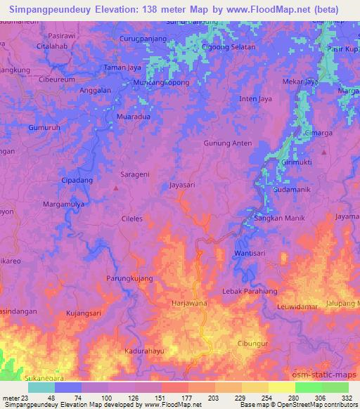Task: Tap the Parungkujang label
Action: coord(129,279)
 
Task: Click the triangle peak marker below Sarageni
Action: coord(116,188)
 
